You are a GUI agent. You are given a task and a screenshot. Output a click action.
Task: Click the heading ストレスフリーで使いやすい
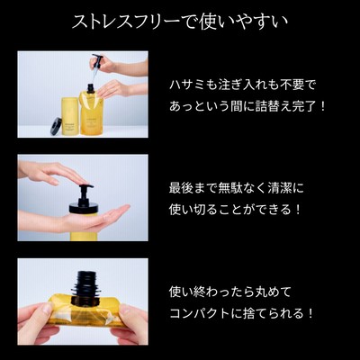[x=180, y=22]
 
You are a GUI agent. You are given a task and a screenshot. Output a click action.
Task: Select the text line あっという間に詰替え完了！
[x=247, y=106]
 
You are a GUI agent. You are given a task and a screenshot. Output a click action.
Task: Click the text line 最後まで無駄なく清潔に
[x=237, y=188]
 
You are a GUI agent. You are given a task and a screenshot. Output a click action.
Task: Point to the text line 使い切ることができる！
[x=235, y=210]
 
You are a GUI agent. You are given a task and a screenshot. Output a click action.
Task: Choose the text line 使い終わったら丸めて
[x=230, y=292]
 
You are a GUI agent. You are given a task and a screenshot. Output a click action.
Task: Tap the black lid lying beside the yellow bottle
[x=56, y=126]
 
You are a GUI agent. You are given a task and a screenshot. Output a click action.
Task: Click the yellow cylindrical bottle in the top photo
[x=70, y=116]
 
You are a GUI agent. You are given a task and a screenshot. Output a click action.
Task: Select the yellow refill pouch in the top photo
[x=90, y=113]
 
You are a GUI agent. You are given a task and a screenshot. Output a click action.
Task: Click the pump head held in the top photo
[x=98, y=61]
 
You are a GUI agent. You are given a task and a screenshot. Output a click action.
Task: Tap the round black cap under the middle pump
[x=84, y=208]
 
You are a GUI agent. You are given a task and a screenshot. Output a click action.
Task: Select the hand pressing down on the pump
[x=51, y=173]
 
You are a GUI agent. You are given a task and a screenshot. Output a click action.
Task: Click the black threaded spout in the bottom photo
[x=85, y=285]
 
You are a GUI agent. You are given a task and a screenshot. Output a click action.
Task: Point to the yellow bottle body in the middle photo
[x=84, y=227]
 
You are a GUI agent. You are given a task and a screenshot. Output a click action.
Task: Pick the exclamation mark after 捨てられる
[x=310, y=314]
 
